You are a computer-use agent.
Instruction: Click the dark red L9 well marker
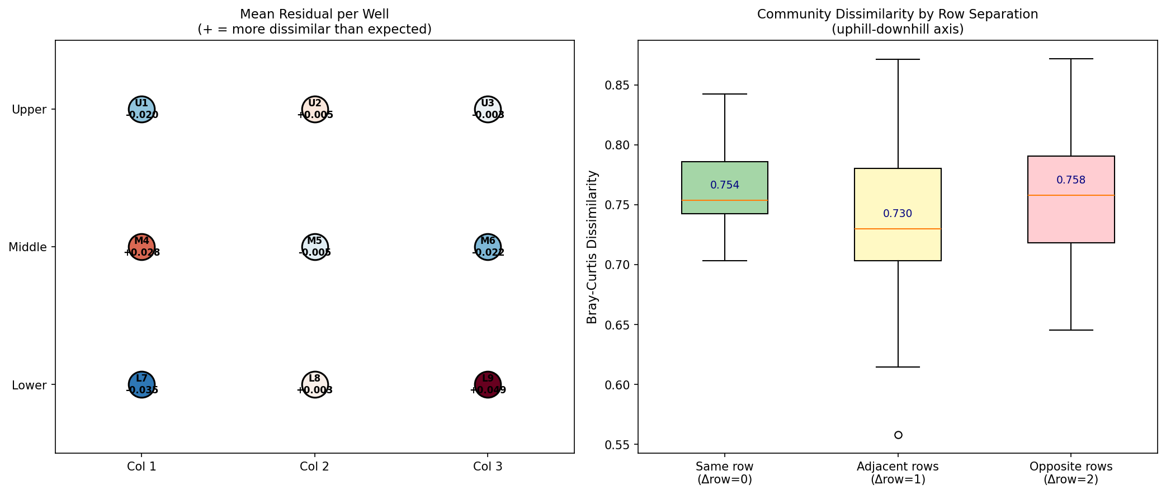point(488,385)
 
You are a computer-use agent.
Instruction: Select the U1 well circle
point(141,109)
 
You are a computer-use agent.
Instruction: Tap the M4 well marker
point(141,247)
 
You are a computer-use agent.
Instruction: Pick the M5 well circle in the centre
point(315,247)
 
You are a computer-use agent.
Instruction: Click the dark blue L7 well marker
point(141,385)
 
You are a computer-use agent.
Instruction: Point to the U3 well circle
point(488,109)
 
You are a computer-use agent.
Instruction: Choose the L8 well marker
point(315,385)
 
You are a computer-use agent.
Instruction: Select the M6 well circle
point(488,247)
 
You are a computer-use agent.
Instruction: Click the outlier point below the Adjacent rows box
point(898,435)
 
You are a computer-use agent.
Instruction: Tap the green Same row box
point(725,188)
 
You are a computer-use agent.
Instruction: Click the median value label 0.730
point(898,214)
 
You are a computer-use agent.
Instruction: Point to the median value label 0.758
point(1071,180)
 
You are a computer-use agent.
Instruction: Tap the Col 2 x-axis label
point(314,467)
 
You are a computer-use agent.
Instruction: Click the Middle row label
point(28,247)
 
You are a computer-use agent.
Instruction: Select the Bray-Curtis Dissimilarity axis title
point(592,247)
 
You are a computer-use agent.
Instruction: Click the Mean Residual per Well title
point(314,15)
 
